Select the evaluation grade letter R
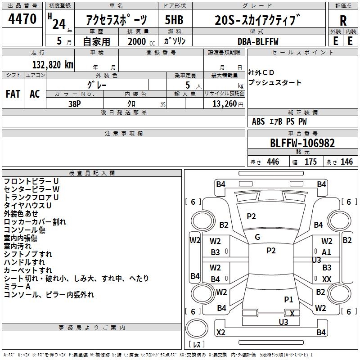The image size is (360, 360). pyautogui.click(x=343, y=20)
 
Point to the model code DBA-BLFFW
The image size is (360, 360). pyautogui.click(x=258, y=41)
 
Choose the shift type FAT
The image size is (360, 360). pyautogui.click(x=13, y=94)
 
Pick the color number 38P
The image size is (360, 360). pyautogui.click(x=75, y=103)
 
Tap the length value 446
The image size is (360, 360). pyautogui.click(x=273, y=162)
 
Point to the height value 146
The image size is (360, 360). pyautogui.click(x=346, y=162)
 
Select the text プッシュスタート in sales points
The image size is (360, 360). pyautogui.click(x=275, y=83)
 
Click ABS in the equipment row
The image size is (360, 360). pyautogui.click(x=258, y=121)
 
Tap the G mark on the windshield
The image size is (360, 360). pyautogui.click(x=257, y=237)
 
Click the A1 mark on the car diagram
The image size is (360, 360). pyautogui.click(x=327, y=252)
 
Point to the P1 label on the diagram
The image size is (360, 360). pyautogui.click(x=288, y=299)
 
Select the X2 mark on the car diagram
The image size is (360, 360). pyautogui.click(x=220, y=333)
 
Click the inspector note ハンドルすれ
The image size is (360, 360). pyautogui.click(x=24, y=262)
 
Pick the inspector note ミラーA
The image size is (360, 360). pyautogui.click(x=17, y=287)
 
